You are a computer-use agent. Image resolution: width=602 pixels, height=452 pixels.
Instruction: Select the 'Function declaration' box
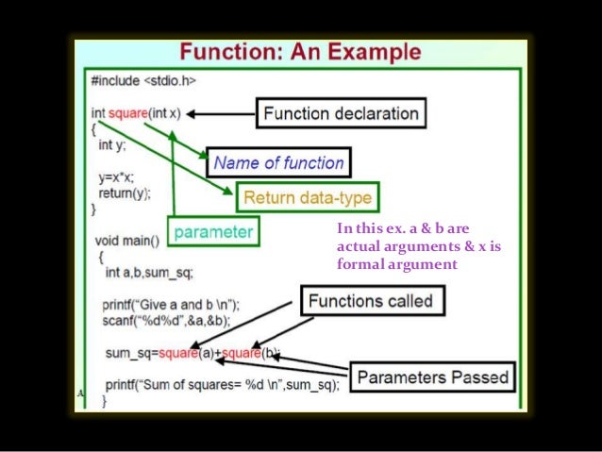(x=341, y=114)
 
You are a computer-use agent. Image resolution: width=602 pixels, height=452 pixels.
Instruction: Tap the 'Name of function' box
(x=278, y=162)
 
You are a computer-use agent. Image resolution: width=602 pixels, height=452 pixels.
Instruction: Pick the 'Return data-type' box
(x=308, y=198)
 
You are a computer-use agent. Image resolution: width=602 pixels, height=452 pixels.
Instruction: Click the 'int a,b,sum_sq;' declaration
(x=149, y=272)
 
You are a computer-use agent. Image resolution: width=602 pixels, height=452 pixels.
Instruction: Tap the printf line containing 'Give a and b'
(x=172, y=305)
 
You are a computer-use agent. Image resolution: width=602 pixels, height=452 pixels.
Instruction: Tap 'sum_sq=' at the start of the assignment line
(x=131, y=353)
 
